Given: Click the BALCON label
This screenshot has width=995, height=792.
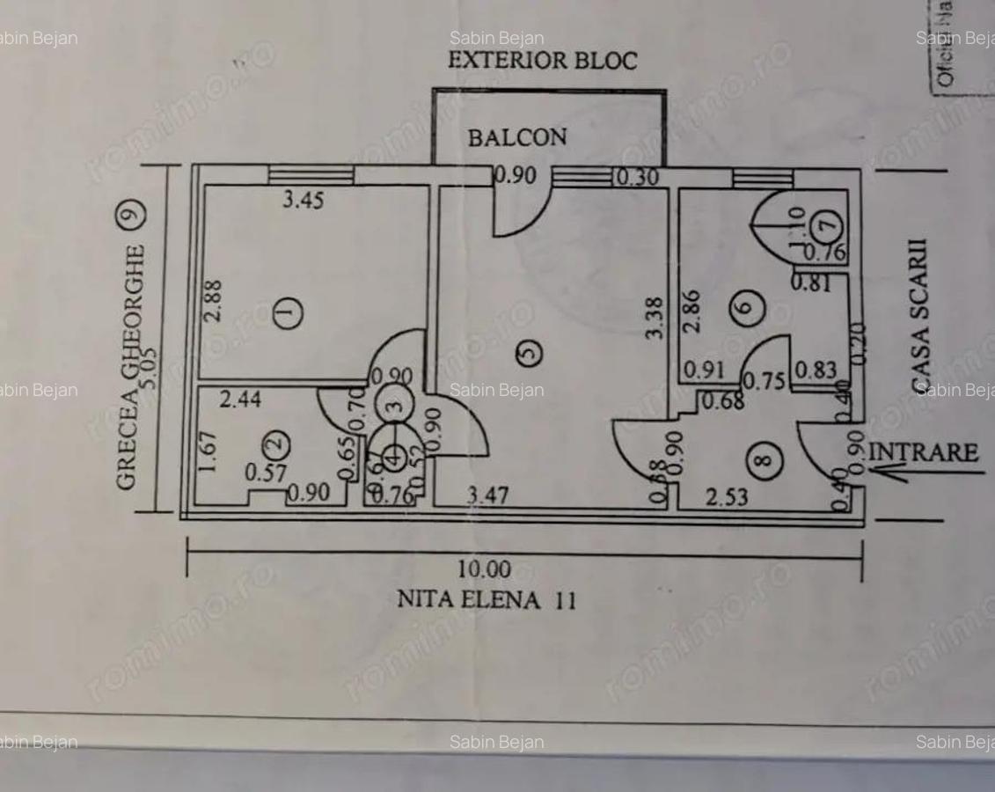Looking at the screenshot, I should click(517, 137).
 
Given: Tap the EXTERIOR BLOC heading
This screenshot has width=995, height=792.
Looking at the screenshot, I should click(542, 61).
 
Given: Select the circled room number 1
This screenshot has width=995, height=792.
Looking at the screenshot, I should click(288, 312).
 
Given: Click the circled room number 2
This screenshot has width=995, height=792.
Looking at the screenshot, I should click(275, 439).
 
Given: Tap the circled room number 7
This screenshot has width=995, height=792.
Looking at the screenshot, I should click(826, 226).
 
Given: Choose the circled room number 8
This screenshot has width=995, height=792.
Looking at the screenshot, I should click(768, 458).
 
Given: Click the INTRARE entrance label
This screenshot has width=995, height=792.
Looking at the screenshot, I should click(923, 453).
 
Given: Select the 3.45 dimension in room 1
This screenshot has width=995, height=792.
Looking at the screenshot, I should click(303, 201).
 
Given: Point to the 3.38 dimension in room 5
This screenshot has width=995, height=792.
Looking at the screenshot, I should click(653, 319).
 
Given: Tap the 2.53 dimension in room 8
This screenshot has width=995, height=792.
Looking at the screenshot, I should click(728, 498).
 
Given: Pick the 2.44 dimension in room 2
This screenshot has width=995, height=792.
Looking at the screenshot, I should click(240, 400).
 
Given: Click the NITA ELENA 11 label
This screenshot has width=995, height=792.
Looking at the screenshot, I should click(487, 600).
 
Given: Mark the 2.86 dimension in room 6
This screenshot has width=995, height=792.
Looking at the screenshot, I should click(693, 312).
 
